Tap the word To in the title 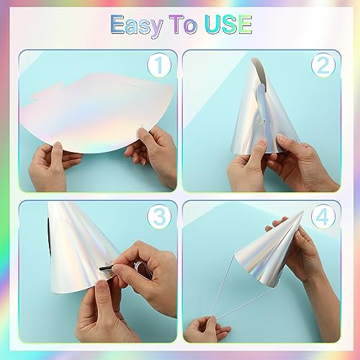point(186,24)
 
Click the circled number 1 point(159,67)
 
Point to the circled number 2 point(323,66)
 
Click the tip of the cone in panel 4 point(303,212)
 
